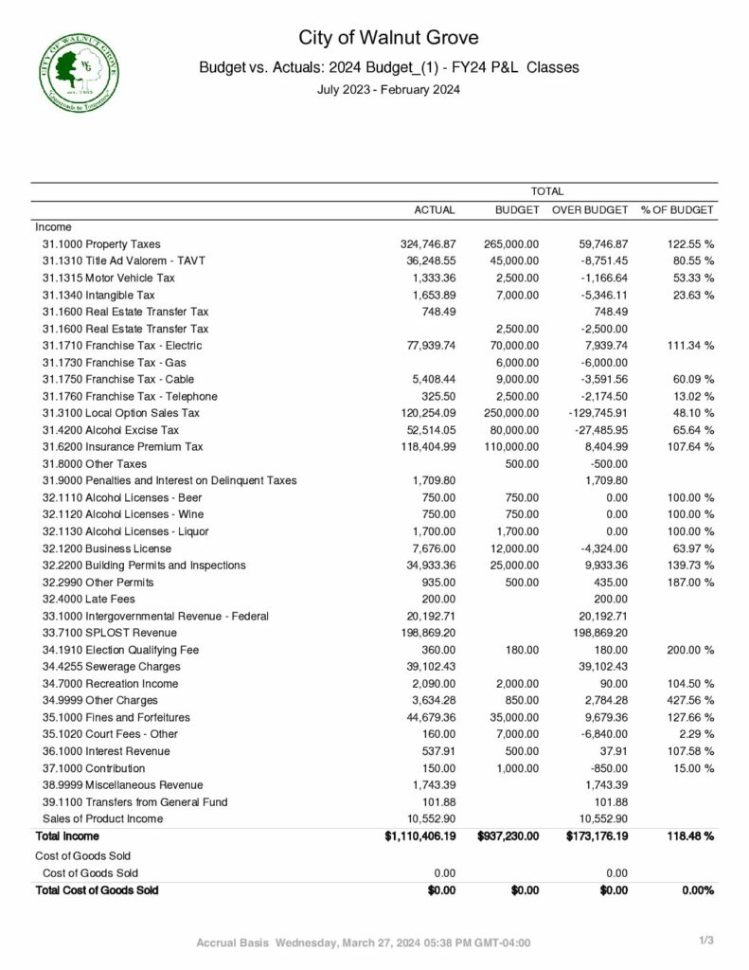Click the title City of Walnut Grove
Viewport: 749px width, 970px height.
[x=389, y=38]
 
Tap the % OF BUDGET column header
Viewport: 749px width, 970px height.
[x=677, y=209]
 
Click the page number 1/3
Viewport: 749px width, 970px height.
[x=705, y=939]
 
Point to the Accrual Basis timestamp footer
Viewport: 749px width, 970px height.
[x=363, y=943]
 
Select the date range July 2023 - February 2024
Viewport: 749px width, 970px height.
[x=388, y=91]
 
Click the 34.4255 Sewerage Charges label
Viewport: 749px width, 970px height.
[x=111, y=666]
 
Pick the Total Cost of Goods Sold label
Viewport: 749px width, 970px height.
[x=97, y=889]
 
